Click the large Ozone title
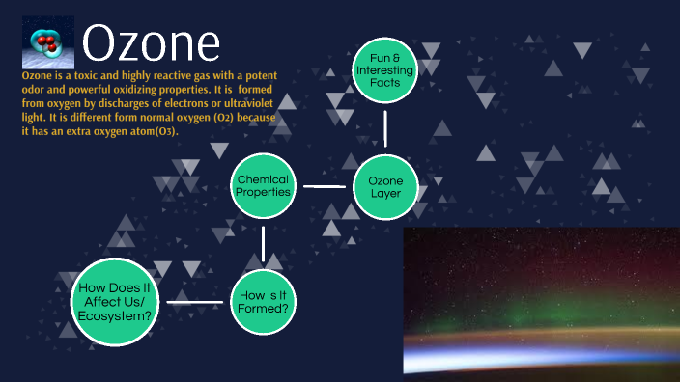(151, 44)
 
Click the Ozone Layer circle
(385, 186)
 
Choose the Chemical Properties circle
(264, 186)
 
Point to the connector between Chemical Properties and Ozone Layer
(325, 186)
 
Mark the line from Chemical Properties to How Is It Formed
(264, 244)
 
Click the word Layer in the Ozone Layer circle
(385, 194)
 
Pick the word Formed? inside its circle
(264, 310)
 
